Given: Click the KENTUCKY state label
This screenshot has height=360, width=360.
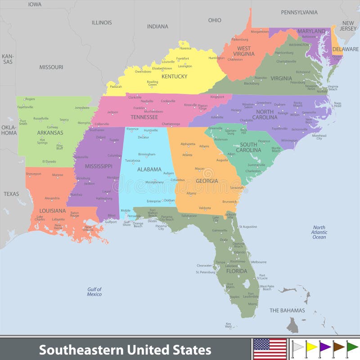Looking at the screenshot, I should (174, 76).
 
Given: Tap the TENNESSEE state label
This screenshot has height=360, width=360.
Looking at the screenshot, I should (144, 117).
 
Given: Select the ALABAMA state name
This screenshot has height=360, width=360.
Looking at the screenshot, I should (149, 170).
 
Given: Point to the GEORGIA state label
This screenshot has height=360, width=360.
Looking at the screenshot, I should (207, 181).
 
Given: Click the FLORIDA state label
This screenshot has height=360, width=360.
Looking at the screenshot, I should (236, 271).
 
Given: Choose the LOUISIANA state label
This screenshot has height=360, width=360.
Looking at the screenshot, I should (52, 211).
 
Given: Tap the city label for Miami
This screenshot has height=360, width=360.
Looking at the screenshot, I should (252, 304).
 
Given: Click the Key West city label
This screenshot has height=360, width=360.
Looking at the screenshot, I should (229, 325).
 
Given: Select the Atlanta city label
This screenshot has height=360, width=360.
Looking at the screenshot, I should (187, 155).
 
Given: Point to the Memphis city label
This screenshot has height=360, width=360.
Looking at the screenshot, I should (84, 123).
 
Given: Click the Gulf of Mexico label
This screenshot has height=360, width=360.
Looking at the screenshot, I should (94, 292).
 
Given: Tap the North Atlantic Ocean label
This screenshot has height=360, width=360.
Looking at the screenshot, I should (319, 232).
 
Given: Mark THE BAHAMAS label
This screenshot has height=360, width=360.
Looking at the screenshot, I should (287, 310).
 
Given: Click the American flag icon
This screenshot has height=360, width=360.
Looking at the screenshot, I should (270, 349).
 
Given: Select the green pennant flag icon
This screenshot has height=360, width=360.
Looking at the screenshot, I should (352, 347).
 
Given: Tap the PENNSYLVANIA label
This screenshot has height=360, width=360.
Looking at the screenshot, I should (299, 13).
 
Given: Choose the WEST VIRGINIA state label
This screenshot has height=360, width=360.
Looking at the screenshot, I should (244, 51).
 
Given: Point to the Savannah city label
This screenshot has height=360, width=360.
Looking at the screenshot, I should (237, 188).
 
